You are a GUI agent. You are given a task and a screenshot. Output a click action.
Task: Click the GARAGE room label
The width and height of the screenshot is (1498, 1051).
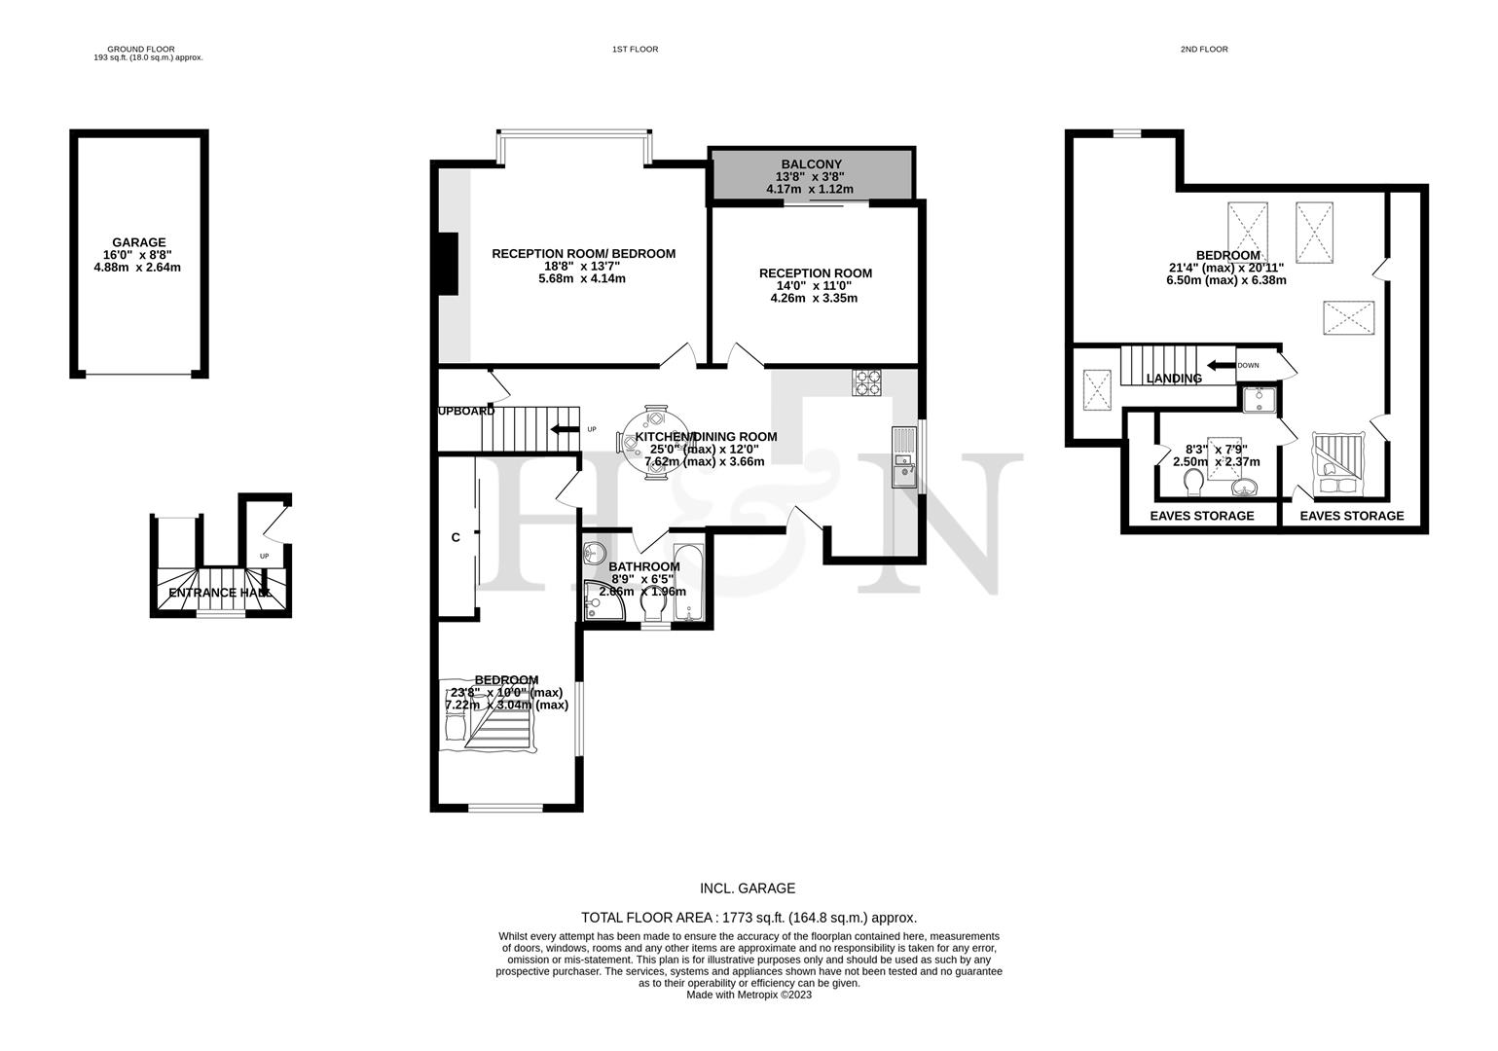(x=138, y=242)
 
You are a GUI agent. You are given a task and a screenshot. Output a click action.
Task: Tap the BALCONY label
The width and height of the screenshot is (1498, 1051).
(x=810, y=163)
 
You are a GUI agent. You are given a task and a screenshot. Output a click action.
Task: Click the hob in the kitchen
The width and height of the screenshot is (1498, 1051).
(x=867, y=383)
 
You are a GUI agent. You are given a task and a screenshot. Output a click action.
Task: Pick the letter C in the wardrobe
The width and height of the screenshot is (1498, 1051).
(x=456, y=537)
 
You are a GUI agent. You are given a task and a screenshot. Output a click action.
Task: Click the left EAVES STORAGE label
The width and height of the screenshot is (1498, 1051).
(x=1201, y=516)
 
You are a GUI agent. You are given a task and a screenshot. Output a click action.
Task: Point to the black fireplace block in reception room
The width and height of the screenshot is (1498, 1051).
(x=448, y=264)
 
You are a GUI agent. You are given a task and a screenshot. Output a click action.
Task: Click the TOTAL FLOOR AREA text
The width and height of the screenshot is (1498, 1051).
(x=749, y=917)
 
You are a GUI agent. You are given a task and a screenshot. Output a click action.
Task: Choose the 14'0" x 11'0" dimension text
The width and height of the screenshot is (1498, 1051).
(x=815, y=286)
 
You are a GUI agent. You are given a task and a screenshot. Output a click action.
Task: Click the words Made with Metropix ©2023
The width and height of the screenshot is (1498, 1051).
(x=749, y=995)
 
